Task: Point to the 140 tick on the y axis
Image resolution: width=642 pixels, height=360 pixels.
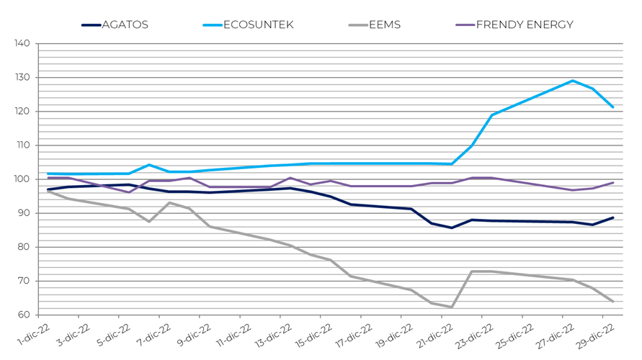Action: coord(22,44)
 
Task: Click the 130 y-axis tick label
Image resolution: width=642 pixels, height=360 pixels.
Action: coord(22,78)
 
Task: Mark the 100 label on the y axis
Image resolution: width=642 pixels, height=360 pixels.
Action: coord(22,179)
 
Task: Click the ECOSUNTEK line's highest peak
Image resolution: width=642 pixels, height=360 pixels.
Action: coord(572,81)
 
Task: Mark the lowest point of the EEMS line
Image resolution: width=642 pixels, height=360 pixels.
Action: coord(452,307)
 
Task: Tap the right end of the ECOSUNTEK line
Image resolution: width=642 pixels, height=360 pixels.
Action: coord(612,107)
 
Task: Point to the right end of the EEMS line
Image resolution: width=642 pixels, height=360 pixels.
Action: coord(612,301)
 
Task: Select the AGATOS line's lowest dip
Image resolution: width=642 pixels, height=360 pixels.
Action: coord(452,228)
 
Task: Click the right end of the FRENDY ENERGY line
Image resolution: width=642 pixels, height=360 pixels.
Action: coord(612,182)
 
